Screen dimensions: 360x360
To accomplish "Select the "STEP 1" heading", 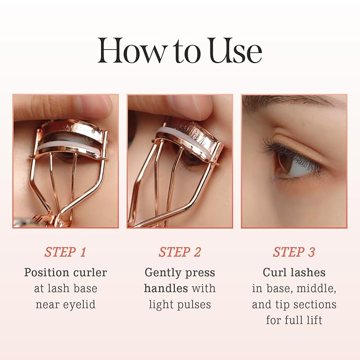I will (65, 252).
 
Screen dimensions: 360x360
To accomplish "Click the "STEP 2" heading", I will (180, 252).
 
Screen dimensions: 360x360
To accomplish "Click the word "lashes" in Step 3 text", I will (311, 273).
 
